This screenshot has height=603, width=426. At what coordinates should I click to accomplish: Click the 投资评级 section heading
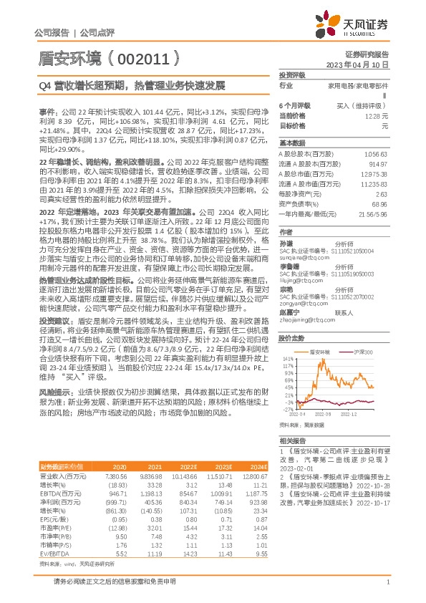(x=292, y=74)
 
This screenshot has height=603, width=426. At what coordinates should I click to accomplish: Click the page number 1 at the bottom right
(x=387, y=589)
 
